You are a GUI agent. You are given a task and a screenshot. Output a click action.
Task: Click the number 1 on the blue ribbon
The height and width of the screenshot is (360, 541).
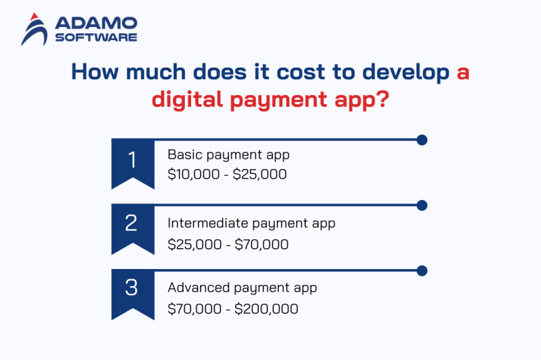(132, 160)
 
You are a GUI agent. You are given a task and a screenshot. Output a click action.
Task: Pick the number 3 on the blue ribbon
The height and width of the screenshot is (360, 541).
(132, 287)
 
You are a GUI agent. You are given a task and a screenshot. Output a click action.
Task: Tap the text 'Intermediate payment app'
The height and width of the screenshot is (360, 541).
(251, 223)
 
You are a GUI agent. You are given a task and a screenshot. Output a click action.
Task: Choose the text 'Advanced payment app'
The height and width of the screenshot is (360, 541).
(242, 288)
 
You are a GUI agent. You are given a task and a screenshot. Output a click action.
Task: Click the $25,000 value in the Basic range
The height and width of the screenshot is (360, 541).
(259, 175)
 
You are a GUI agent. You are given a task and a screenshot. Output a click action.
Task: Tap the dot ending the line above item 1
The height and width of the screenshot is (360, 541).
(422, 140)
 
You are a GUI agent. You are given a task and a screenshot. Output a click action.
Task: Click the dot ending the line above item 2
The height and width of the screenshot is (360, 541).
(422, 205)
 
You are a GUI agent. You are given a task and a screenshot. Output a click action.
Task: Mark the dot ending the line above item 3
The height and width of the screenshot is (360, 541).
(422, 270)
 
